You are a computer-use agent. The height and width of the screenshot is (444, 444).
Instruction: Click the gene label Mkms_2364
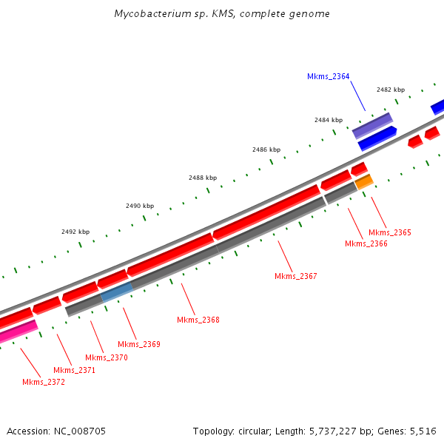click(328, 76)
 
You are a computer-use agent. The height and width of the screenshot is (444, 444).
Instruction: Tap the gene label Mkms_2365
click(390, 232)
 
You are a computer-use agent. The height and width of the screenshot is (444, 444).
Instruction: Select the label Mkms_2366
click(366, 243)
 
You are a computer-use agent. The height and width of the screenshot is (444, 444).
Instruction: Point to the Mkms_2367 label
click(296, 276)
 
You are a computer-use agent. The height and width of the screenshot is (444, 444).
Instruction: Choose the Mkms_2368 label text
click(198, 320)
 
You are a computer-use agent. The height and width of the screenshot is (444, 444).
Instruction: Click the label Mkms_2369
click(139, 344)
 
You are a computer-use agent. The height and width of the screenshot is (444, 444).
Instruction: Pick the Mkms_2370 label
click(107, 357)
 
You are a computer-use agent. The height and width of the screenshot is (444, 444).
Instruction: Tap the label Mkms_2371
click(74, 370)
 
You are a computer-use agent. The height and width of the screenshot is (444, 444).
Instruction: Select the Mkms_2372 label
click(44, 382)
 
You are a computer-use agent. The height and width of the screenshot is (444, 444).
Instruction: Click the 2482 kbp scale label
click(390, 90)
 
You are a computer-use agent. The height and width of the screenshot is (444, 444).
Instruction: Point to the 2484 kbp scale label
click(329, 120)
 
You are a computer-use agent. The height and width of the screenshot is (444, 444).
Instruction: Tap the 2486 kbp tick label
click(266, 149)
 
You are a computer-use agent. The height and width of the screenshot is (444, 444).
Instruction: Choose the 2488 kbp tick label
click(203, 178)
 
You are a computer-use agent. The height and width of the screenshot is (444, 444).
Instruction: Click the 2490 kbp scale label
click(140, 206)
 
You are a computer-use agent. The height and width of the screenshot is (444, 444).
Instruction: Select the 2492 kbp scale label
click(75, 232)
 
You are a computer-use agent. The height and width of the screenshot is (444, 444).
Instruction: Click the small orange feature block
click(363, 181)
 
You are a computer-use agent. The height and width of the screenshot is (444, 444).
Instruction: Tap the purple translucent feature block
click(372, 125)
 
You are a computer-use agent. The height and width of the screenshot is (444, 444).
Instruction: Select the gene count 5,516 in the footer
click(423, 430)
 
